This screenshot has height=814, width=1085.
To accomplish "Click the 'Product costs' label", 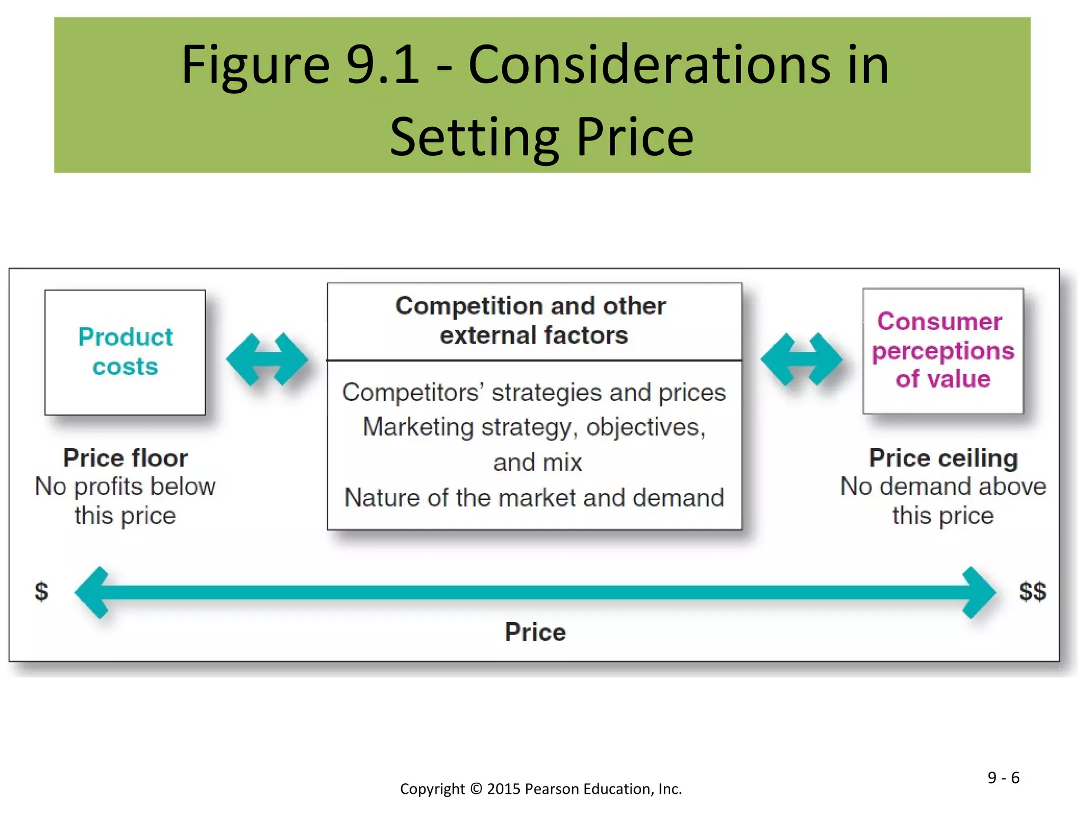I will (126, 352).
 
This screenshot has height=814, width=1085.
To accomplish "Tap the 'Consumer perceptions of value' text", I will (942, 350).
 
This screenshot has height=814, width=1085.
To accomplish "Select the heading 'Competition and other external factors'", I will (532, 321).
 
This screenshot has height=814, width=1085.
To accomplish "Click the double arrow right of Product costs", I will (267, 359).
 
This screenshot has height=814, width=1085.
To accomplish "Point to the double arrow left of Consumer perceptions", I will (801, 359).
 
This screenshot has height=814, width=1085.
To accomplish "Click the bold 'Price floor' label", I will (126, 458).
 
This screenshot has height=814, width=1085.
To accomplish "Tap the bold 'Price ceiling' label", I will (943, 458).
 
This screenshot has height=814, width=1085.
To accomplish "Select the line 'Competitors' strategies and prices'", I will (534, 393).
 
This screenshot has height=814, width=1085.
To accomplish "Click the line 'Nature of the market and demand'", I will (534, 498).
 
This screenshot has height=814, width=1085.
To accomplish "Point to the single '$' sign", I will (41, 591).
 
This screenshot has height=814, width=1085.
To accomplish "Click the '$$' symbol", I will (1032, 591).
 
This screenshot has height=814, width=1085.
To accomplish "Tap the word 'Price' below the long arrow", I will (535, 632).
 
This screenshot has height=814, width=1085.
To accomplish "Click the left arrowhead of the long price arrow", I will (93, 592).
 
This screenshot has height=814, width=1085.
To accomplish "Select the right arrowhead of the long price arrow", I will (979, 592).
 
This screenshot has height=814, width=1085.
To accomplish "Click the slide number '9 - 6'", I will (1003, 777).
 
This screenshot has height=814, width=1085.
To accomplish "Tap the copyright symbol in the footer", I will (476, 789).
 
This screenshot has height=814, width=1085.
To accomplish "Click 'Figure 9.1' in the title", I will (300, 65).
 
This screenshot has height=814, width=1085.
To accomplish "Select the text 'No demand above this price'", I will (943, 501).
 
